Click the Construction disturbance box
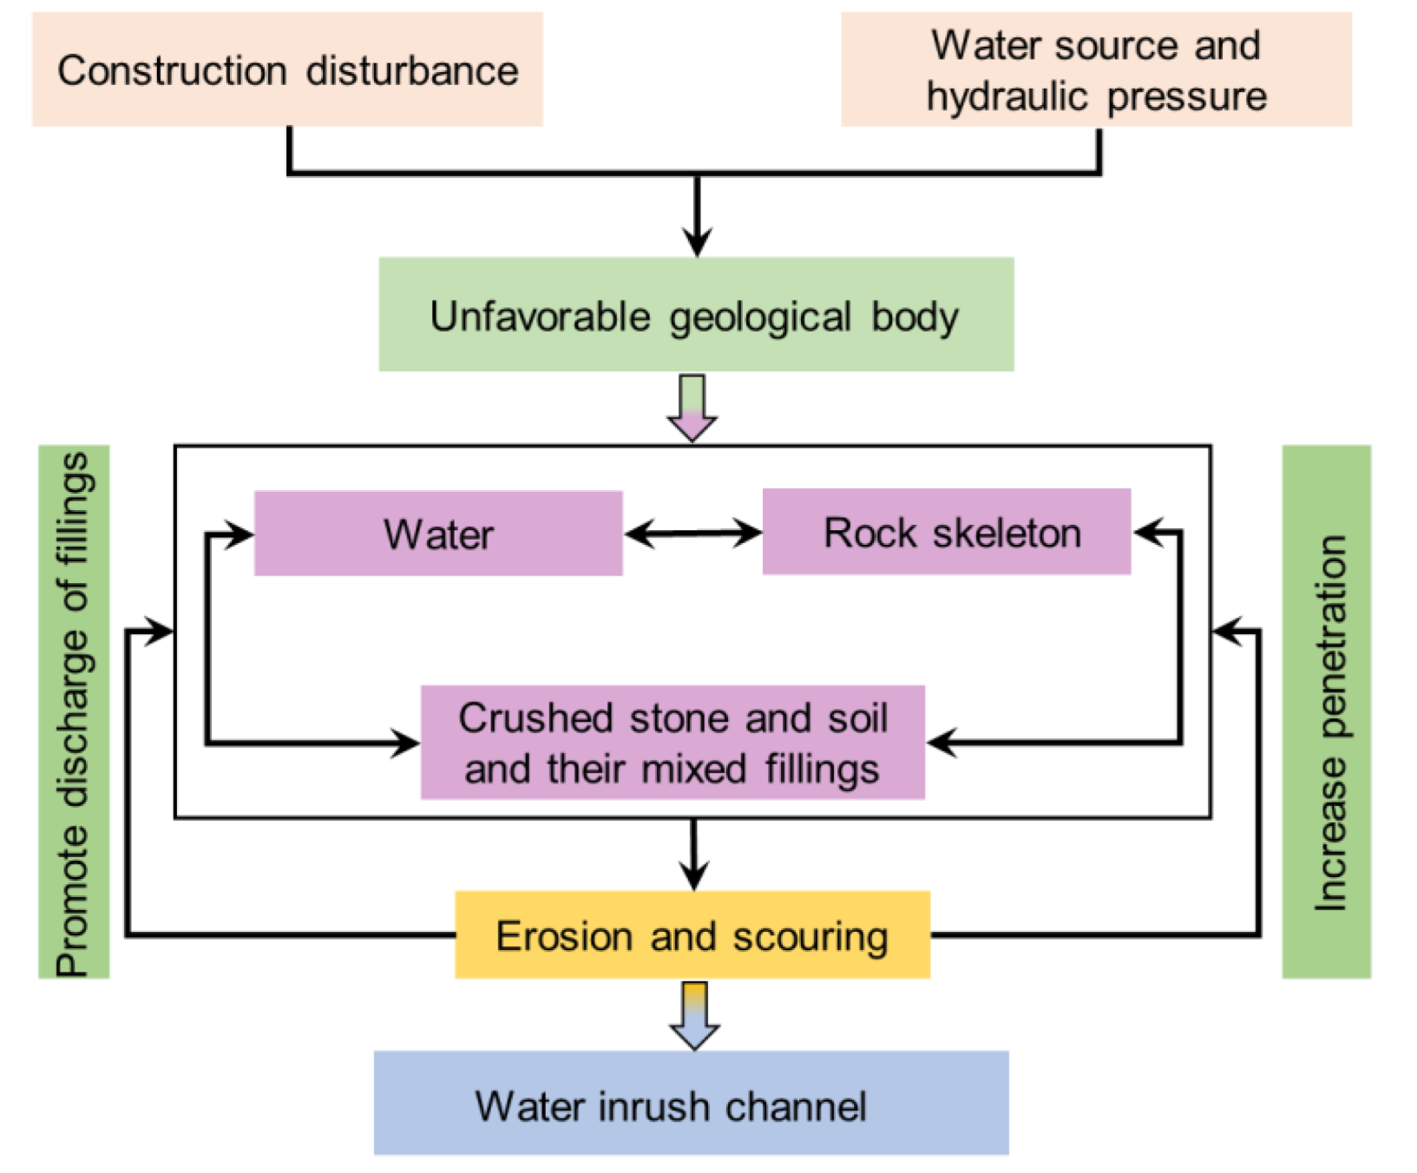[x=287, y=69]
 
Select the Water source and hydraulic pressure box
[x=1095, y=69]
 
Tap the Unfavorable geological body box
[x=696, y=314]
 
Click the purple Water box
[x=438, y=534]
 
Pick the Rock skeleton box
[x=947, y=532]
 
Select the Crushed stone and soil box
[x=672, y=743]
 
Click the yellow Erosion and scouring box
[x=692, y=935]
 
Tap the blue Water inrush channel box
[x=691, y=1104]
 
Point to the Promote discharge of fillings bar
[x=74, y=712]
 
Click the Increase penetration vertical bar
[x=1326, y=712]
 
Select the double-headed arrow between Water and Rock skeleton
[x=692, y=533]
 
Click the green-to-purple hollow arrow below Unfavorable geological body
[x=692, y=408]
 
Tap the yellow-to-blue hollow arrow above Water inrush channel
[x=694, y=1015]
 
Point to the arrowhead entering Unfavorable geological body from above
[x=697, y=241]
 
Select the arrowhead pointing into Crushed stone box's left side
[x=406, y=744]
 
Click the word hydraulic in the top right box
[x=1007, y=96]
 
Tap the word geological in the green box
[x=760, y=317]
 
